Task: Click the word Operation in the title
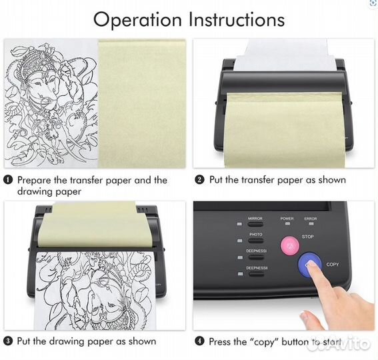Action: click(x=137, y=20)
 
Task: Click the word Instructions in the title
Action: click(x=237, y=19)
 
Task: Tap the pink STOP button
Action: click(x=290, y=245)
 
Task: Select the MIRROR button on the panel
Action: click(x=255, y=225)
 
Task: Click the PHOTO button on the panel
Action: click(x=256, y=241)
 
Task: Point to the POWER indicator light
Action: click(x=287, y=224)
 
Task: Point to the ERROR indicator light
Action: click(x=311, y=224)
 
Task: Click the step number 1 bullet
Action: click(x=8, y=180)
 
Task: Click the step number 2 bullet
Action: click(x=199, y=180)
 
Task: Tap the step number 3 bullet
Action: click(x=8, y=341)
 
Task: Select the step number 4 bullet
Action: click(x=199, y=341)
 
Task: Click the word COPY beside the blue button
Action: click(x=333, y=265)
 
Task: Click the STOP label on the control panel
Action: click(x=308, y=237)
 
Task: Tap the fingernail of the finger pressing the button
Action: click(x=311, y=265)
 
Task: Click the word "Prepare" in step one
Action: click(x=34, y=181)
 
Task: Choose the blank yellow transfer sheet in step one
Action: click(x=142, y=104)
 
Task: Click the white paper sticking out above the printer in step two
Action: click(x=286, y=55)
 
